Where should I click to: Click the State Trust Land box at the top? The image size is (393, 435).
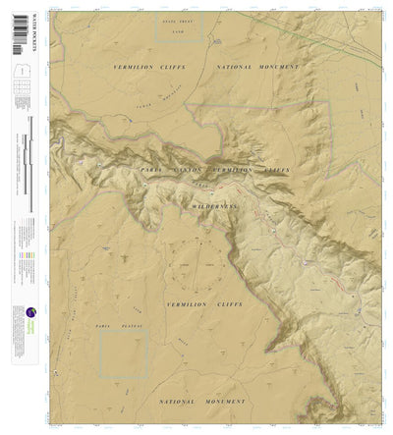pyautogui.click(x=180, y=30)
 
